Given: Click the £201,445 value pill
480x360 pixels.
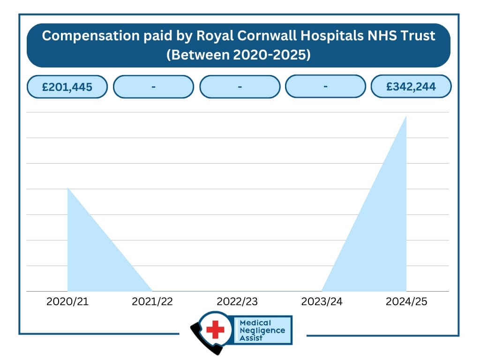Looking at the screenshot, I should (67, 87).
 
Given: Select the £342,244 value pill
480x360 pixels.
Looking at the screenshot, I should (411, 87).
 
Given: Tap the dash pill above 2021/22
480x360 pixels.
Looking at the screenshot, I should (153, 87).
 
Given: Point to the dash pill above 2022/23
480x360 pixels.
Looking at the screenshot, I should (240, 87).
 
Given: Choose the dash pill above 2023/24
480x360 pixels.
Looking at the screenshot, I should (325, 87).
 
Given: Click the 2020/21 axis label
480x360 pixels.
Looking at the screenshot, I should (67, 302).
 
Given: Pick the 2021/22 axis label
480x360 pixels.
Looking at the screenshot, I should (152, 302).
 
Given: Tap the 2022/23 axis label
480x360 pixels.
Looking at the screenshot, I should (237, 302).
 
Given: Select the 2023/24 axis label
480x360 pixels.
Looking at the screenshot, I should (322, 302).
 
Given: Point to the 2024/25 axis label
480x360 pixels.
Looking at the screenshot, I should (406, 302).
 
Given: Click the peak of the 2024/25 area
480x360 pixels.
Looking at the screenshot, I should (405, 117).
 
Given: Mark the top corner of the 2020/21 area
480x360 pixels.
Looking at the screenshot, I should (68, 188).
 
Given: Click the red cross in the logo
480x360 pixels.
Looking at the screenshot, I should (215, 330).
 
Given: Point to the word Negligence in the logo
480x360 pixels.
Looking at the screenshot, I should (262, 330).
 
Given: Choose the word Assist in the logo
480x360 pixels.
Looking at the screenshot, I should (251, 338).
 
